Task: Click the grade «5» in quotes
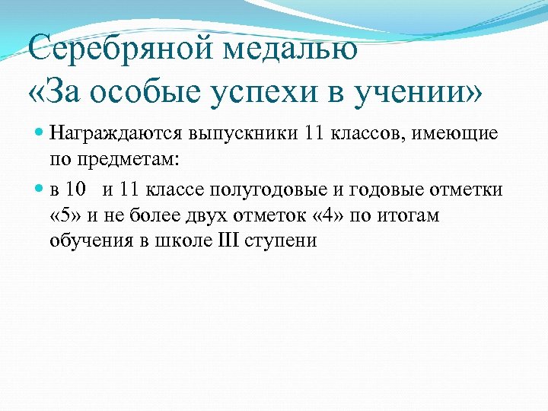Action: (64, 215)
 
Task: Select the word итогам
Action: (412, 215)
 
